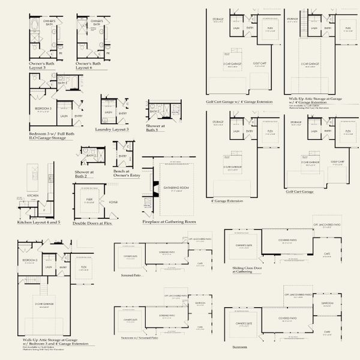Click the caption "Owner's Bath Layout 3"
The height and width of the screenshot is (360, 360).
click(x=43, y=65)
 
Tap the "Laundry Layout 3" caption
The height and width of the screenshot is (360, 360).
click(x=112, y=129)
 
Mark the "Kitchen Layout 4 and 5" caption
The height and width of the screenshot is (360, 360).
click(x=39, y=222)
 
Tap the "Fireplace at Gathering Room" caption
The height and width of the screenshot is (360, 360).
click(x=170, y=221)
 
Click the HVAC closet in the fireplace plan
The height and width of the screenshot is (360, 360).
click(x=148, y=206)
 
